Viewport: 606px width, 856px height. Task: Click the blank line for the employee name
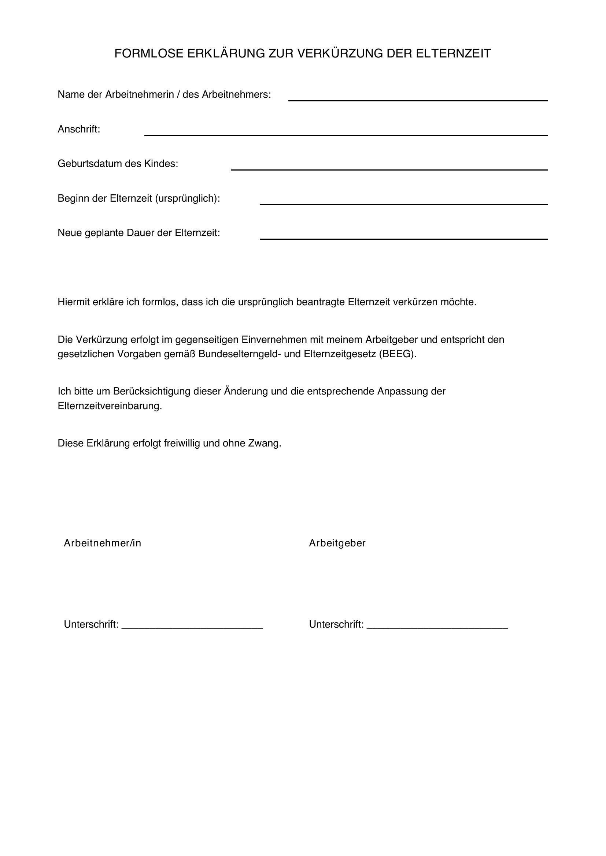418,98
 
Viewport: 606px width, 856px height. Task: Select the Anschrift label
79,129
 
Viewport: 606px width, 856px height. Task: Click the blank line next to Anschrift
346,132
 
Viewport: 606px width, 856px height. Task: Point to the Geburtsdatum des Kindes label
118,164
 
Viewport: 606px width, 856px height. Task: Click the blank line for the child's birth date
389,167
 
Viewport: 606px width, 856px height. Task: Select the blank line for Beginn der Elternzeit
404,202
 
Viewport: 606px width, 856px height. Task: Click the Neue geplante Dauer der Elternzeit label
139,233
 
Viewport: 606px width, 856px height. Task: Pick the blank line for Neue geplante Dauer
404,236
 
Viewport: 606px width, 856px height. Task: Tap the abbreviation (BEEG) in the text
398,354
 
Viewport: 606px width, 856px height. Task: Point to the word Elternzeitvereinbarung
110,406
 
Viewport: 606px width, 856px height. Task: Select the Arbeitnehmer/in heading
103,543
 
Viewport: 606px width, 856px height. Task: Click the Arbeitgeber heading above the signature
337,543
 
